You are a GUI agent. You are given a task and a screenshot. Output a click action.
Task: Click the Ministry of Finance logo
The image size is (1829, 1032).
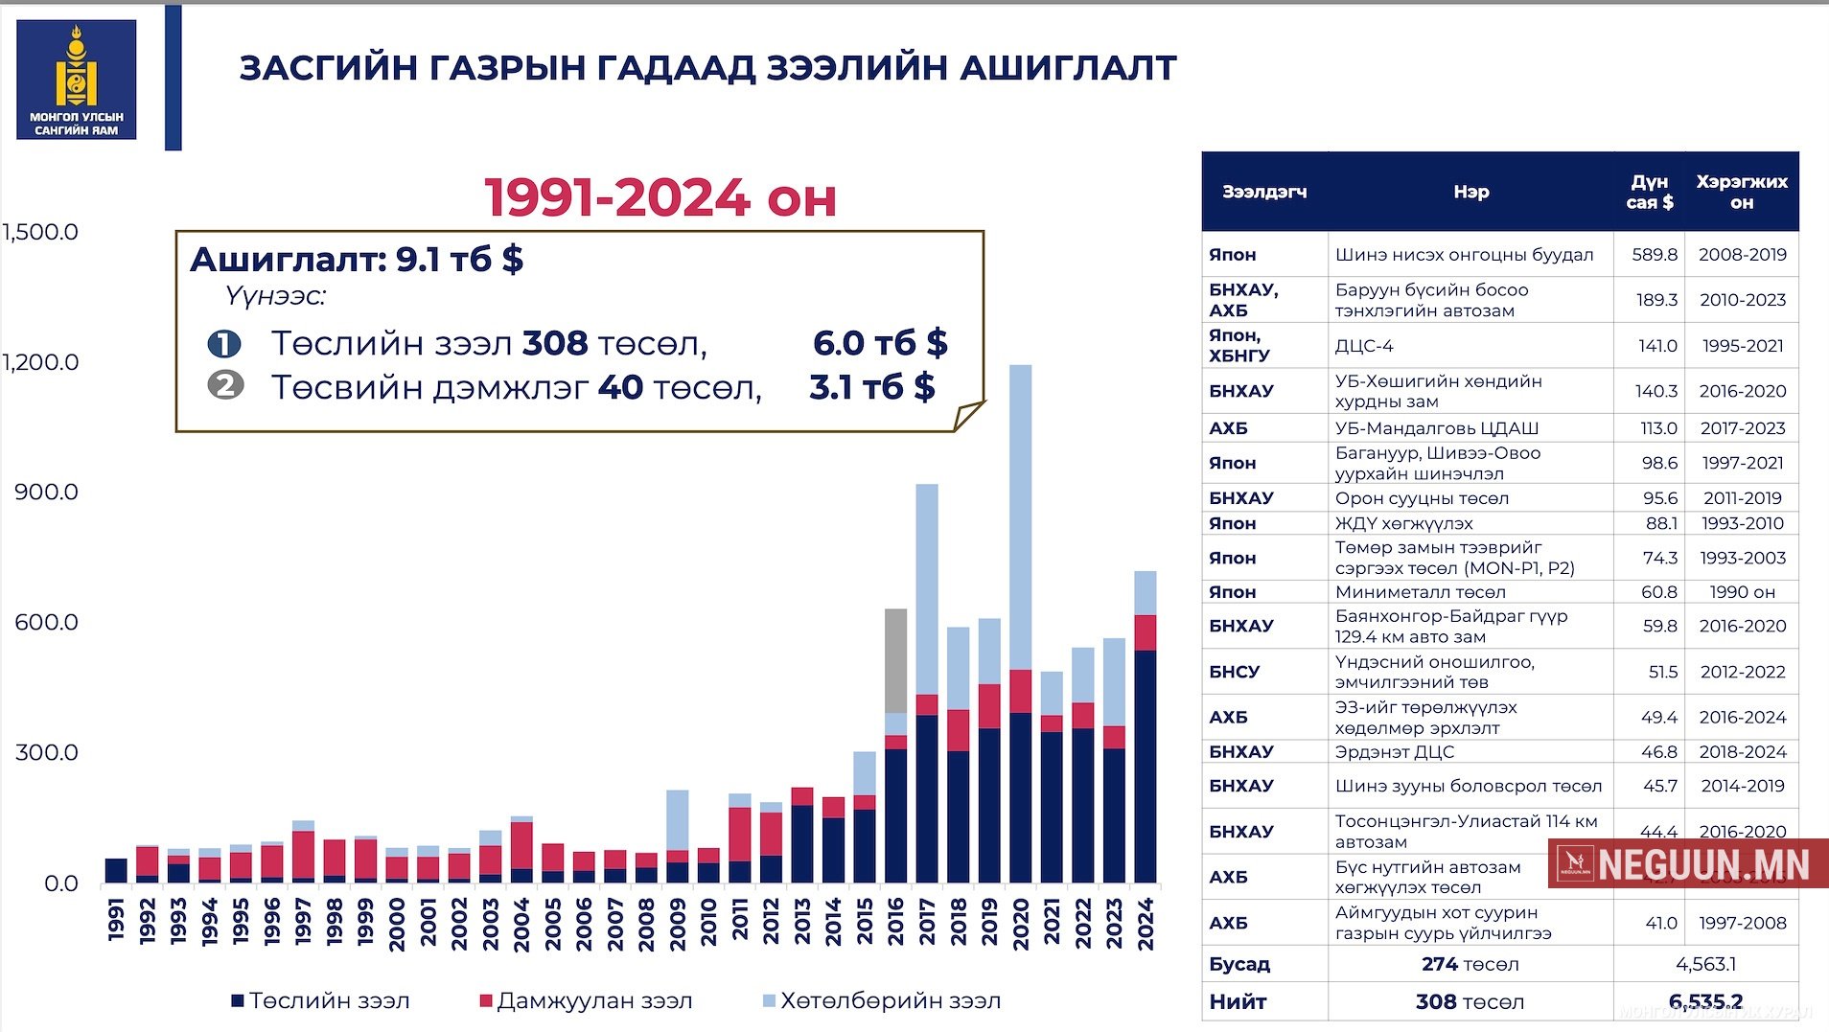[x=77, y=80]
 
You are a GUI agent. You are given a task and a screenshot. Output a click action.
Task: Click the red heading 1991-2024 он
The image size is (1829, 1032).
[x=660, y=197]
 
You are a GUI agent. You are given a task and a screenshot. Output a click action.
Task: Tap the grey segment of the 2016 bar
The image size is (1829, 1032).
[x=895, y=660]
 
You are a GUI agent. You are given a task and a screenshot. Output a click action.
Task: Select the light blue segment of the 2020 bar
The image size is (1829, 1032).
[x=1020, y=517]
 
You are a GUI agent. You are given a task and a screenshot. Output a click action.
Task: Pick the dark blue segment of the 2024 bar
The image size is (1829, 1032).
[x=1145, y=767]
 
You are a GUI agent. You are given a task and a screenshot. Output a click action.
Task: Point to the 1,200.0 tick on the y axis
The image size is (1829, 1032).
[x=40, y=362]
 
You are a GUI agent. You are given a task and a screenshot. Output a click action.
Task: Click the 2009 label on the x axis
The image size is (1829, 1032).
[x=678, y=924]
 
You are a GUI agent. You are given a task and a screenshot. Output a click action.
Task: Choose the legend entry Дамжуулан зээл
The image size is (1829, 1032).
[x=586, y=1001]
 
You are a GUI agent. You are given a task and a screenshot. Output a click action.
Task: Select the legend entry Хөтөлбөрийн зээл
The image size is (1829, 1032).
[x=881, y=1001]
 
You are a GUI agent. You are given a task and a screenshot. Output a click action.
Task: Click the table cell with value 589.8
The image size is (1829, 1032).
[x=1655, y=255]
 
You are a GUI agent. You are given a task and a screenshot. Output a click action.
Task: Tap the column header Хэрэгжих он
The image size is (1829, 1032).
[x=1742, y=192]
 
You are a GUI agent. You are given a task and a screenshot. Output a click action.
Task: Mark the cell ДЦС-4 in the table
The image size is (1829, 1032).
[x=1364, y=346]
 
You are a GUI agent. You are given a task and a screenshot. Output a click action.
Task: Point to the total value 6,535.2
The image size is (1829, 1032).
[x=1705, y=1002]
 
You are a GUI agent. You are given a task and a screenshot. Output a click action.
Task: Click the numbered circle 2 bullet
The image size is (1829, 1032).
[x=225, y=386]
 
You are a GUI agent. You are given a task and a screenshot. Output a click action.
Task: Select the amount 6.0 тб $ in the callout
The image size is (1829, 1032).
[x=880, y=343]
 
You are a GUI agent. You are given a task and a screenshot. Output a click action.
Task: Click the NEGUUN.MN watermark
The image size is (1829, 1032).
[x=1689, y=864]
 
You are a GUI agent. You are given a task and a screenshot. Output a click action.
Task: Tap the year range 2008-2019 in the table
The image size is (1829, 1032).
[x=1743, y=255]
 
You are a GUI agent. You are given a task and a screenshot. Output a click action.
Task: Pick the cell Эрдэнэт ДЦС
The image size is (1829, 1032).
[x=1395, y=752]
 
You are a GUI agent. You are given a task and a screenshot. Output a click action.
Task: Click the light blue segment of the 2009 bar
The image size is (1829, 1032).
[x=678, y=820]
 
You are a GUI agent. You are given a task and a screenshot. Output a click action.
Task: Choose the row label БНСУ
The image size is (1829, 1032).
[x=1235, y=672]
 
